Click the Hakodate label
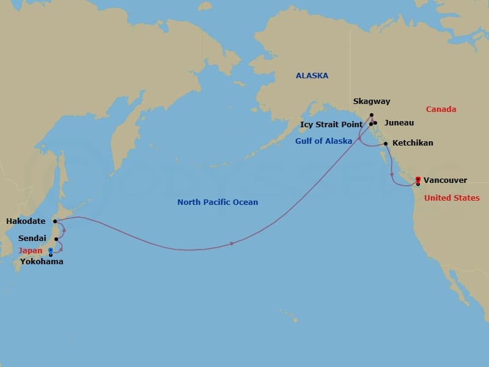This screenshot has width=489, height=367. point(25,221)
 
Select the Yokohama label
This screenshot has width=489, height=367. point(42,262)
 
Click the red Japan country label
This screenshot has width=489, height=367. point(30,250)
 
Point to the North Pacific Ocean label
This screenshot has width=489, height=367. point(218,202)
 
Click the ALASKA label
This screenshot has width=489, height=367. point(312,76)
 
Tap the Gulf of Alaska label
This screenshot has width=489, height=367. point(323,141)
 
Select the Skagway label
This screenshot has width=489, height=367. point(372,102)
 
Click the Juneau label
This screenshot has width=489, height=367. point(399,123)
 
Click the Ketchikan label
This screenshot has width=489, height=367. point(413,143)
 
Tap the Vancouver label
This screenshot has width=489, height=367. point(446,180)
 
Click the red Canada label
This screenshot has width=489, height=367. point(441,109)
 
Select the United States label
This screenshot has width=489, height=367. point(452,198)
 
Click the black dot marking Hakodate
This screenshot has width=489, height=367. point(55,221)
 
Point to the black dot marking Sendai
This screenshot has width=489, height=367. point(56,239)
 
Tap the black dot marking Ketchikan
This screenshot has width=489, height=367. point(385,144)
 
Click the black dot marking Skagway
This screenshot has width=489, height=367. point(372,114)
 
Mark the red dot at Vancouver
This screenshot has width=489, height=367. point(418,179)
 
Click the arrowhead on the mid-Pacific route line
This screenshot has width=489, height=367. point(232,244)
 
